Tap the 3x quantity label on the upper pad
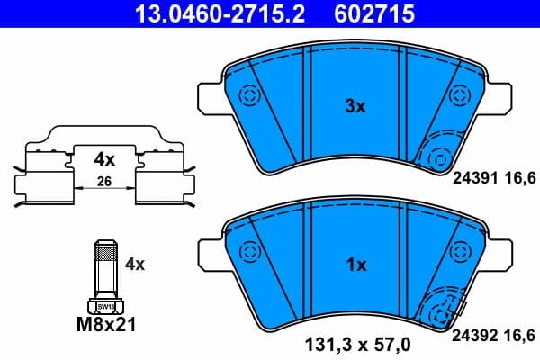click(356, 107)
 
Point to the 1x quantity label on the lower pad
click(356, 265)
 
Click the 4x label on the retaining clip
click(105, 160)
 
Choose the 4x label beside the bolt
click(135, 265)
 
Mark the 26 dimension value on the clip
click(105, 184)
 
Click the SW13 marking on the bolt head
click(106, 307)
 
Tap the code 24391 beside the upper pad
click(481, 179)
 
